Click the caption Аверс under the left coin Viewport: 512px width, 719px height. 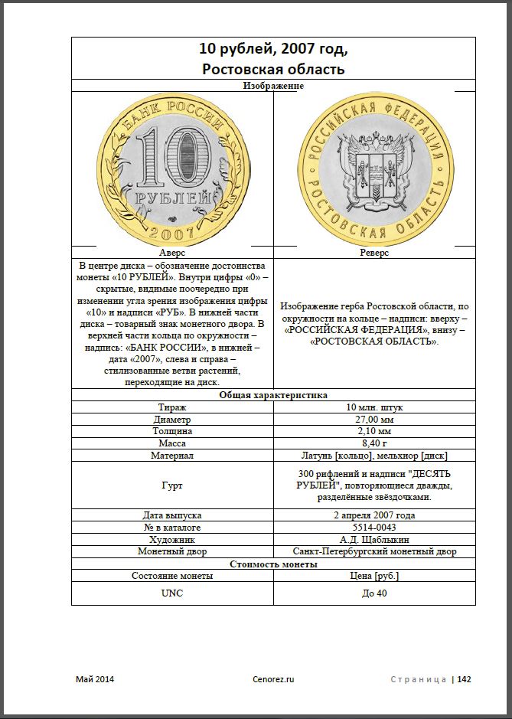[172, 252]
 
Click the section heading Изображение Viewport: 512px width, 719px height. [273, 86]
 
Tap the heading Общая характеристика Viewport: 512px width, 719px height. [273, 395]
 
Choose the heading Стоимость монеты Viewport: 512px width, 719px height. [273, 564]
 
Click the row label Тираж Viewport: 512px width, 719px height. [172, 407]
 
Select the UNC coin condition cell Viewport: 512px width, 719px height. [172, 593]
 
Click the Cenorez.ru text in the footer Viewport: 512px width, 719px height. [273, 678]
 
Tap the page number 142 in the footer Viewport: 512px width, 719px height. [465, 678]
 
